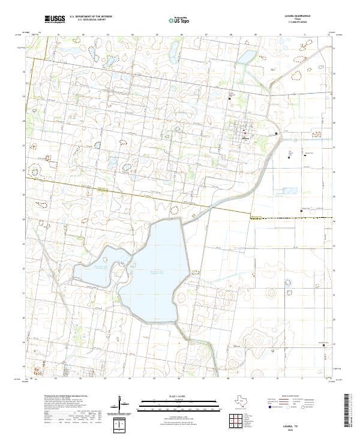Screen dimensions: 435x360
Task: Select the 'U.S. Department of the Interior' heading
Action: pos(91,17)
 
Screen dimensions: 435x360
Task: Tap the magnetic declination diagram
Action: pos(122,408)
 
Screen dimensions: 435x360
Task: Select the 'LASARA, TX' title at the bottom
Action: pos(292,423)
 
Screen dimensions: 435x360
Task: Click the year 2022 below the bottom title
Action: pos(292,428)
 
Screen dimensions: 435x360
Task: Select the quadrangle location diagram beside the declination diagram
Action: pos(121,425)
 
